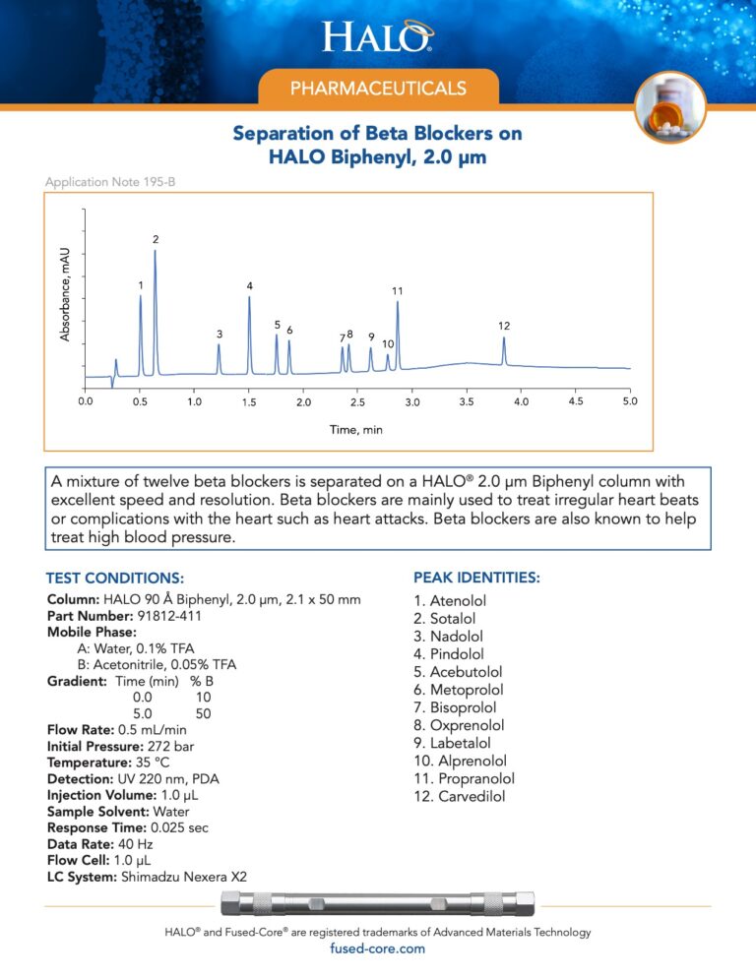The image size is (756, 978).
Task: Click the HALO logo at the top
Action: pyautogui.click(x=378, y=37)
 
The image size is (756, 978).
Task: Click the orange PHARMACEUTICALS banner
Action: pyautogui.click(x=378, y=89)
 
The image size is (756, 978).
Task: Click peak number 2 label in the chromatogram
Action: pyautogui.click(x=156, y=240)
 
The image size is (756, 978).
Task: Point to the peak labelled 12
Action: pyautogui.click(x=504, y=326)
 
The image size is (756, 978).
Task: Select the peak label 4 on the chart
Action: pyautogui.click(x=250, y=286)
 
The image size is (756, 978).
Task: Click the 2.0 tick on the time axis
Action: pyautogui.click(x=303, y=402)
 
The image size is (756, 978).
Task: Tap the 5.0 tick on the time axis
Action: pyautogui.click(x=630, y=402)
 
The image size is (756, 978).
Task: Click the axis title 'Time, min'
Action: pyautogui.click(x=356, y=430)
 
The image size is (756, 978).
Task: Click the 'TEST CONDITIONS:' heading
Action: pyautogui.click(x=115, y=578)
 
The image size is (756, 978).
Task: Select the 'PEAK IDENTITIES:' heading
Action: pyautogui.click(x=476, y=578)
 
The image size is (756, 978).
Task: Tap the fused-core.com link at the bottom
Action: pyautogui.click(x=378, y=948)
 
